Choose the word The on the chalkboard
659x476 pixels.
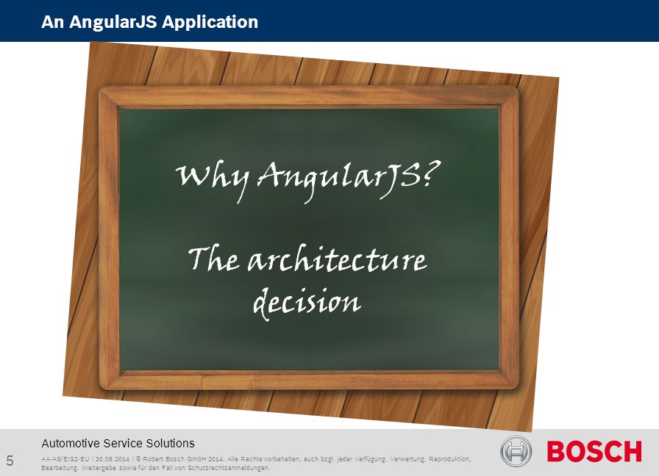(214, 259)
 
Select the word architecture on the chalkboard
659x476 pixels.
(337, 259)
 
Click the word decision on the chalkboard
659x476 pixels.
(307, 302)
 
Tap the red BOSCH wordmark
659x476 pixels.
(594, 452)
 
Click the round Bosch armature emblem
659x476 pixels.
(516, 451)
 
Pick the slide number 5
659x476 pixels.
(10, 461)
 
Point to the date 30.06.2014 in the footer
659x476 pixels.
(113, 459)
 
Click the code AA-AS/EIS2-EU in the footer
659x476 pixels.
(65, 459)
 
